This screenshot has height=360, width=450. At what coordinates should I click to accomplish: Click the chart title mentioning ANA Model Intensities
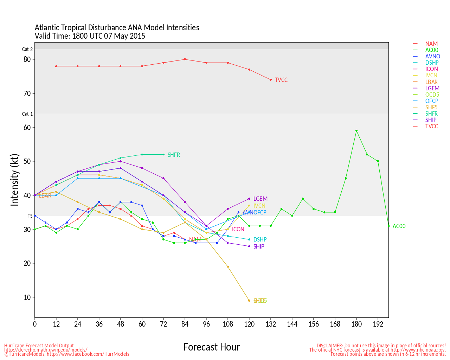click(x=117, y=28)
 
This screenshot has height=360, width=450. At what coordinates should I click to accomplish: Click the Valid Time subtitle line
click(x=90, y=36)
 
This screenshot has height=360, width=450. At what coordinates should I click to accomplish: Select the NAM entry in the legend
click(x=431, y=44)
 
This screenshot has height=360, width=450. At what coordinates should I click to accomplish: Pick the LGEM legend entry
click(x=432, y=88)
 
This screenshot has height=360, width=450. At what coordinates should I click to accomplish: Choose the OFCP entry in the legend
click(x=432, y=101)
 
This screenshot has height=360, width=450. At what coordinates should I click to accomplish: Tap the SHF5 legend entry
click(x=431, y=107)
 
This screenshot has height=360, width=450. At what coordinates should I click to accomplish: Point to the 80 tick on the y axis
click(x=27, y=59)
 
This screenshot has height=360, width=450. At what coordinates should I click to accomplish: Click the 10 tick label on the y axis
click(x=27, y=297)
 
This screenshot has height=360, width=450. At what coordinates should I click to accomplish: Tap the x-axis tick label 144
click(x=292, y=324)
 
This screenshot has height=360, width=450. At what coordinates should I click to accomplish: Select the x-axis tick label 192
click(x=378, y=324)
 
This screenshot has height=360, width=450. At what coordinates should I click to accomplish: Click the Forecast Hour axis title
click(x=211, y=347)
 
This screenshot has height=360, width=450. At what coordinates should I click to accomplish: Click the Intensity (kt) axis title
click(x=14, y=180)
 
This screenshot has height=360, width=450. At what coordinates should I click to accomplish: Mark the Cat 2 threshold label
click(x=27, y=50)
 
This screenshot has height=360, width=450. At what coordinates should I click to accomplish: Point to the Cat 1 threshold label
click(x=27, y=114)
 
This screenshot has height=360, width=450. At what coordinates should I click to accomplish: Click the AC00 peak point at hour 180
click(x=356, y=131)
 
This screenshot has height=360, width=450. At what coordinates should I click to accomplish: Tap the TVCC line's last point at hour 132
click(x=271, y=80)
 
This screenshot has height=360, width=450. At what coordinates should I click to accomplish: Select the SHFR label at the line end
click(x=174, y=155)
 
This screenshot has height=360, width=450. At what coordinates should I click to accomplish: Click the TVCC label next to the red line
click(x=281, y=80)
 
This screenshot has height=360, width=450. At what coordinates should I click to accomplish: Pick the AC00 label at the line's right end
click(x=399, y=226)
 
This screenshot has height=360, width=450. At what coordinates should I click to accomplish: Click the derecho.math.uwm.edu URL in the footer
click(x=46, y=350)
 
